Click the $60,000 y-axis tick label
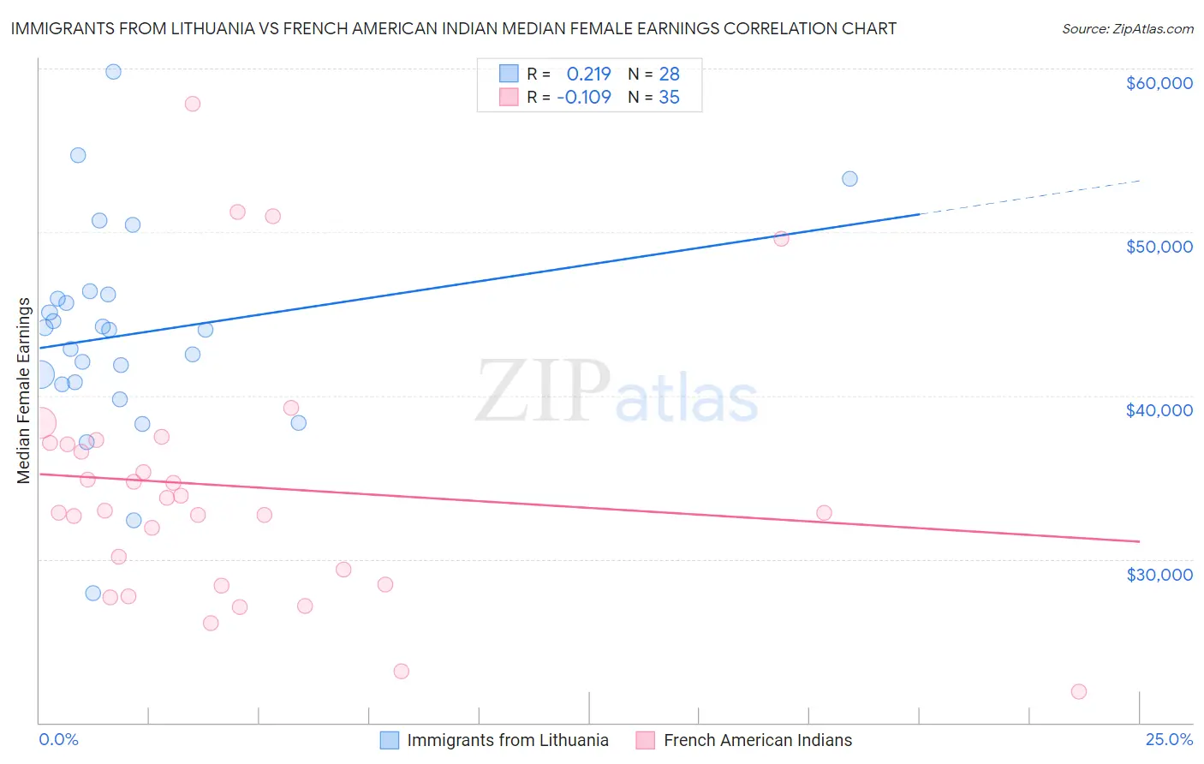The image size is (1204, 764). [x=1159, y=83]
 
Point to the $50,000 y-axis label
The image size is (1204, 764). [x=1159, y=247]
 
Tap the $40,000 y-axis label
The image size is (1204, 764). [x=1159, y=410]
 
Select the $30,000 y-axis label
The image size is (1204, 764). [x=1159, y=574]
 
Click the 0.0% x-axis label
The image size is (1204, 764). [x=58, y=739]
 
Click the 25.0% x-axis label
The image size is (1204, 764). [x=1169, y=739]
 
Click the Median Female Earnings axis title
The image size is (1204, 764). [x=24, y=391]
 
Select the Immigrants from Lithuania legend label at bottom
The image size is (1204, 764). [x=507, y=740]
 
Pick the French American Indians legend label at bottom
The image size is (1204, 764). [x=757, y=740]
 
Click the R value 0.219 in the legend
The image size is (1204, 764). [x=588, y=75]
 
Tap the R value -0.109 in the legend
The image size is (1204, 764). [x=584, y=98]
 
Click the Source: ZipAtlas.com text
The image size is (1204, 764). [x=1127, y=29]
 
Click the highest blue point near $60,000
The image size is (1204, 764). [x=113, y=72]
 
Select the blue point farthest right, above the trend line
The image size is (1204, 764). [x=849, y=179]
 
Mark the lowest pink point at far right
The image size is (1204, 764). [x=1079, y=691]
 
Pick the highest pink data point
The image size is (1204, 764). [x=193, y=104]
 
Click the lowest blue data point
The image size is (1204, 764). [x=93, y=593]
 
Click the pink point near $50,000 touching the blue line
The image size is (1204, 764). [x=781, y=239]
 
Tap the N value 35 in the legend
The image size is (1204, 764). [x=669, y=98]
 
